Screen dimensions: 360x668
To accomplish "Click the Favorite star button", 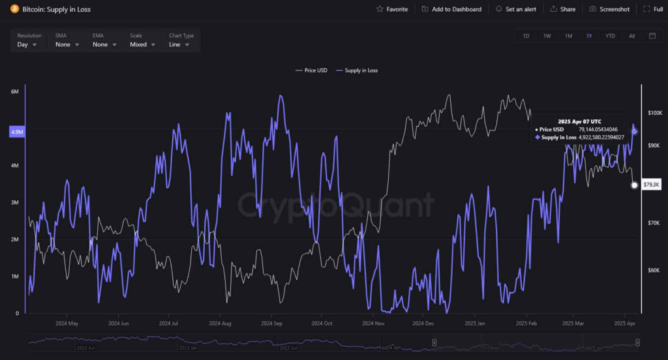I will tap(392, 9).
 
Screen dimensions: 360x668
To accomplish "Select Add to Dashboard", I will tap(451, 9).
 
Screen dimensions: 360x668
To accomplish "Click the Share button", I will tap(563, 9).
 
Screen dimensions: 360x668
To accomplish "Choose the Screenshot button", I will tap(609, 9).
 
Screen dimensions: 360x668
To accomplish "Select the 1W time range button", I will tap(547, 36).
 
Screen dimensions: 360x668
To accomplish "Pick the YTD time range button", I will tap(610, 36).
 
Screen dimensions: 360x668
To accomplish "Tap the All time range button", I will tap(631, 36).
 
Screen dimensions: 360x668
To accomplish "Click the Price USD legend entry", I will tap(311, 70).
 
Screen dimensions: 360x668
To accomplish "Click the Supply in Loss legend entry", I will tap(356, 70).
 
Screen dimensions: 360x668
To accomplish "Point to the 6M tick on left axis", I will tap(14, 92).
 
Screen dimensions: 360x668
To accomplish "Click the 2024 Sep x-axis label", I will tap(271, 323).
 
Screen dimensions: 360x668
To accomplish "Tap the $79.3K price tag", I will tap(651, 185).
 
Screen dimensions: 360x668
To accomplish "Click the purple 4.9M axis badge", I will tap(17, 132).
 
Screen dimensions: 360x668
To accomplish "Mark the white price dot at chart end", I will tap(634, 185).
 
